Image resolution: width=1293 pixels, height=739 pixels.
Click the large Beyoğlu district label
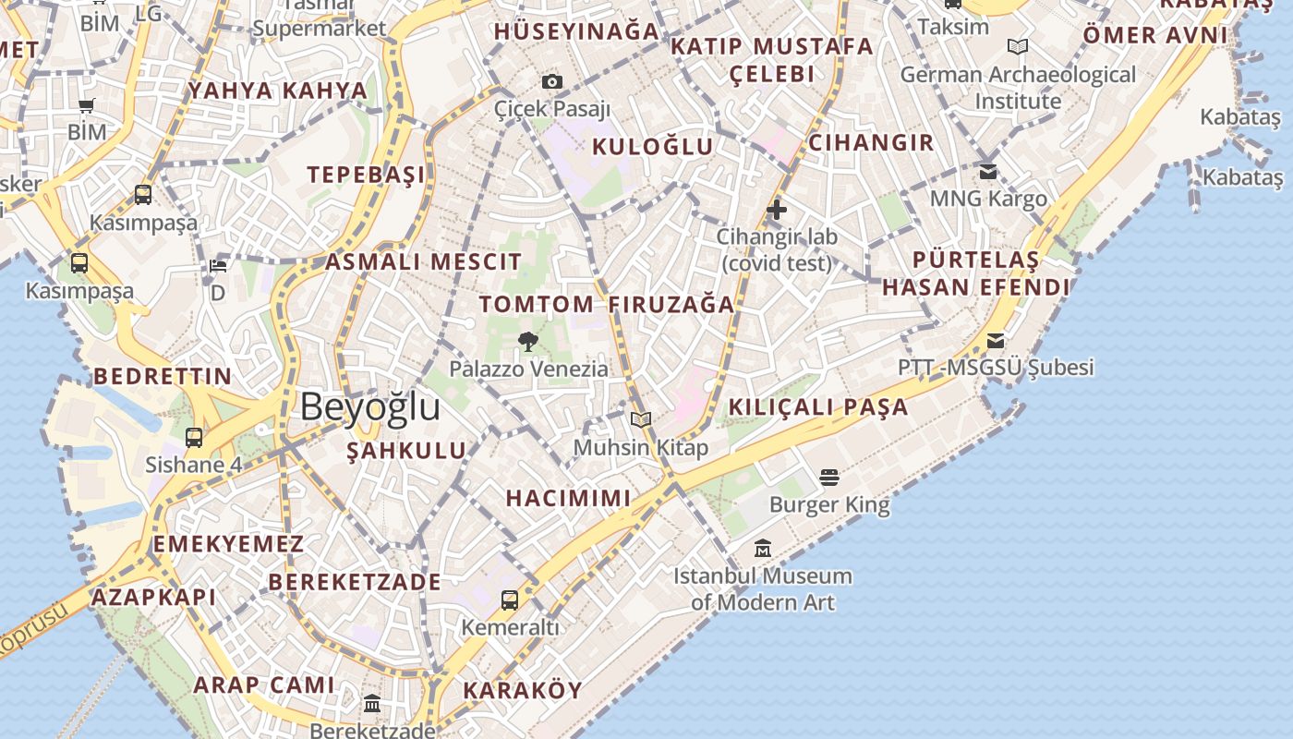(x=370, y=407)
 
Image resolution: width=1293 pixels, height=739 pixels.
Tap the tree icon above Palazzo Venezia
(x=528, y=342)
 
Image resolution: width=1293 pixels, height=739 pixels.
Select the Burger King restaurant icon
(x=829, y=478)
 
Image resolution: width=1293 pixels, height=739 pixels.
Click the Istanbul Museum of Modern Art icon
(x=762, y=549)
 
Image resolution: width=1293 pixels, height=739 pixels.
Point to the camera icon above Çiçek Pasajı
(x=552, y=82)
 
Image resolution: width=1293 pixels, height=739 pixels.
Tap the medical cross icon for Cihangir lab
(x=777, y=210)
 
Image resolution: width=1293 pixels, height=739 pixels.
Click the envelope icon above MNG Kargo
(x=988, y=172)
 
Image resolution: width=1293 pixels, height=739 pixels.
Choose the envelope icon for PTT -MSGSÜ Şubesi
(x=995, y=341)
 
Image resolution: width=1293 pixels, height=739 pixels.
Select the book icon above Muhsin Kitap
(x=641, y=420)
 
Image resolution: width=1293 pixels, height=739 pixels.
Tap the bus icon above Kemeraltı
(x=510, y=600)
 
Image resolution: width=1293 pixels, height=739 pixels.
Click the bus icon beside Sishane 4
(x=194, y=438)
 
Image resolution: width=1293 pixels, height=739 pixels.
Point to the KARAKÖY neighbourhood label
(x=523, y=690)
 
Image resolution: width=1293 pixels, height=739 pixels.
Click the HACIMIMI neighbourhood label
(x=568, y=498)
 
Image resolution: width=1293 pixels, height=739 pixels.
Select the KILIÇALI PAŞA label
(x=818, y=407)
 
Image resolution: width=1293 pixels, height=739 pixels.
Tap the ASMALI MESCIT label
(x=424, y=261)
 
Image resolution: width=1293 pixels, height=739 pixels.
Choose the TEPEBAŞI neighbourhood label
(x=367, y=175)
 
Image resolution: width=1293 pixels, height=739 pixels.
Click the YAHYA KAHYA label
(x=278, y=91)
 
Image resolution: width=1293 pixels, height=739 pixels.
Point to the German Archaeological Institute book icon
(x=1018, y=47)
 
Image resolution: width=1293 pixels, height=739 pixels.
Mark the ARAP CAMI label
(x=264, y=684)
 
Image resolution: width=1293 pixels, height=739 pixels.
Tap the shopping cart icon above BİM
(x=87, y=106)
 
